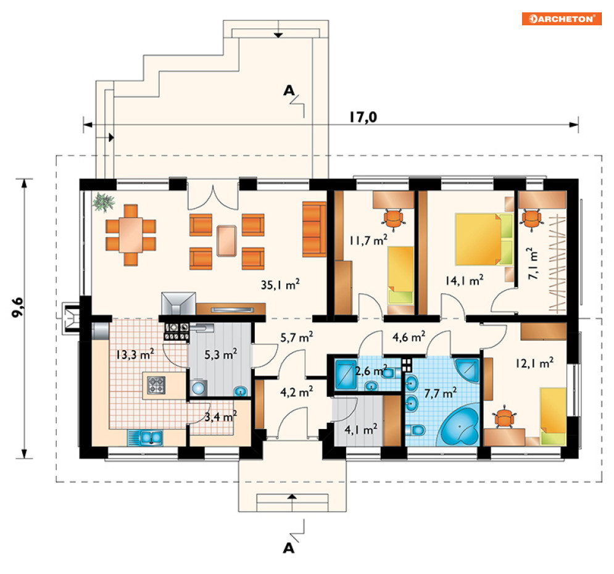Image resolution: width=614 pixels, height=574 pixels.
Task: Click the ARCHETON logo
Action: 562,19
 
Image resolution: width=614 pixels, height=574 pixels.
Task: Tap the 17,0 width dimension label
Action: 363,117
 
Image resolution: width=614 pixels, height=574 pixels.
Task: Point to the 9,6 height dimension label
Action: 18,307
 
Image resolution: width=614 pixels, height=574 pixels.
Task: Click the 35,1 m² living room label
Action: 280,284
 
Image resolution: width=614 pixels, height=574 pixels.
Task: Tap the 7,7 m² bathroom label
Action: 441,393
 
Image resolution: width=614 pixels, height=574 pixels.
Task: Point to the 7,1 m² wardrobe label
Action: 533,263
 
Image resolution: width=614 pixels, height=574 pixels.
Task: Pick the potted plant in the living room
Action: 104,202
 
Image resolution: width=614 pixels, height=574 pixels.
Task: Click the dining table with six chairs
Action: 131,235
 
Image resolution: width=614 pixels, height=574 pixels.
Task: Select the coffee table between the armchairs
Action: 226,241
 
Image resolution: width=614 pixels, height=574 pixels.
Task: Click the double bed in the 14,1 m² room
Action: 484,239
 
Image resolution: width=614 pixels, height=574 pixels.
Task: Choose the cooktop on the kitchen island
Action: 156,385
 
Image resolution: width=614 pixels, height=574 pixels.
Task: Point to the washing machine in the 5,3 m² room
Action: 199,387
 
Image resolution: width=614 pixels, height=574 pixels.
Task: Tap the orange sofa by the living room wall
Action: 314,229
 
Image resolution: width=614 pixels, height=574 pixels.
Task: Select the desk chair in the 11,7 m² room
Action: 393,218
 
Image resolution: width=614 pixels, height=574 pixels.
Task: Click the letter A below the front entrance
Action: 289,548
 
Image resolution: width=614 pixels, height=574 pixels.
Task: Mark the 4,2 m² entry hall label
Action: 296,391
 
